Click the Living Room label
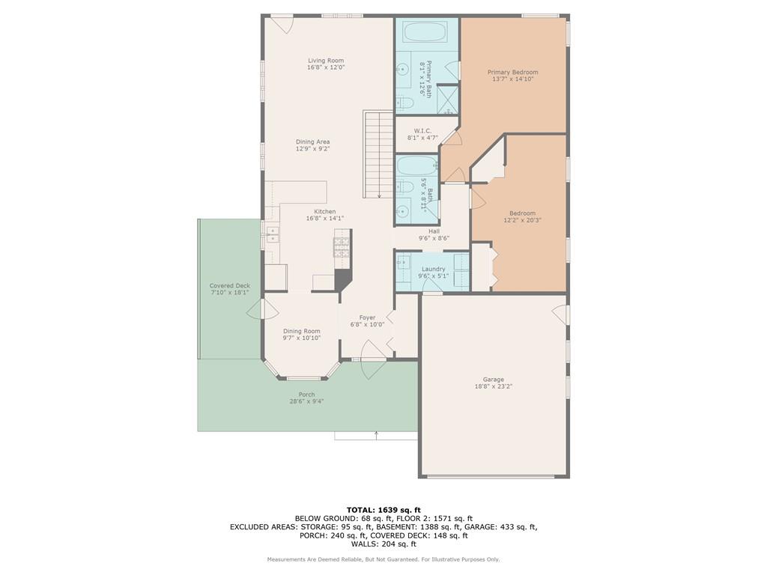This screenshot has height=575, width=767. coord(326,61)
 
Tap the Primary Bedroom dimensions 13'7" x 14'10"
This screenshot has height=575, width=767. coord(512,79)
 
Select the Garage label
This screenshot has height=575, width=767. coord(493,380)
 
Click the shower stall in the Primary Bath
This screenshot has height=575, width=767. coord(448,100)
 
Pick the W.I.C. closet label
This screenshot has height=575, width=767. coord(422,131)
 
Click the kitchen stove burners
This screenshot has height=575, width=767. coord(342,247)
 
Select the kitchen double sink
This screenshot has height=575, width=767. coord(272,234)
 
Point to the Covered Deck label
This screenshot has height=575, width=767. coord(230,285)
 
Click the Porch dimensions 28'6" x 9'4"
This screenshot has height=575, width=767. coord(306,401)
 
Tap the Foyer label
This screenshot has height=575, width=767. coord(367,317)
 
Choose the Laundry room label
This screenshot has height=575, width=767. coord(434,269)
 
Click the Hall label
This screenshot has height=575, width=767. coord(434,231)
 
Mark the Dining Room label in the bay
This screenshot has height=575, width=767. coord(302,331)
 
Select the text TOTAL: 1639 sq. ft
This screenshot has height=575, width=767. coord(383,510)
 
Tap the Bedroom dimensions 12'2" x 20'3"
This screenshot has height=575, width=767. coord(522,220)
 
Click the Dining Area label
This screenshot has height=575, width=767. coord(312,142)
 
